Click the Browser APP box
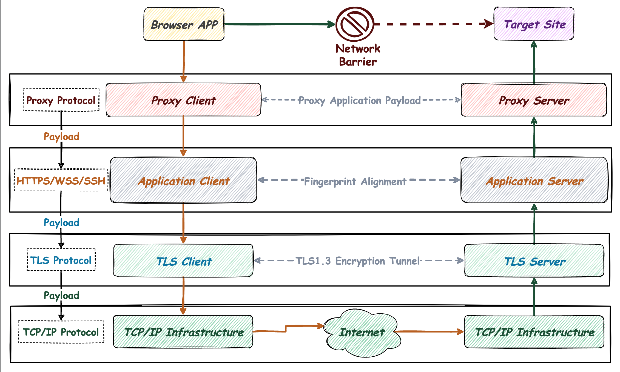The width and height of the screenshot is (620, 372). (184, 24)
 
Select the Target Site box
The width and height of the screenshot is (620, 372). (534, 24)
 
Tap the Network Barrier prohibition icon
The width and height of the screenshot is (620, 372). (355, 24)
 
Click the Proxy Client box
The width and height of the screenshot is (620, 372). (183, 100)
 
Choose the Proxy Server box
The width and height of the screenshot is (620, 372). (534, 100)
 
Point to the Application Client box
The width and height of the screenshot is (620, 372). (183, 180)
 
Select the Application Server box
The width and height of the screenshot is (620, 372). (534, 180)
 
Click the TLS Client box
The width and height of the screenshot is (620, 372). (183, 261)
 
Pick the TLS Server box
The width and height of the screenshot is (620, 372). (534, 261)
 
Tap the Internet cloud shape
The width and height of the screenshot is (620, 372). (362, 333)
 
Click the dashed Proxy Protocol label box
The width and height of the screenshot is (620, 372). (61, 100)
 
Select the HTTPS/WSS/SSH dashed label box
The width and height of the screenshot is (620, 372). (61, 180)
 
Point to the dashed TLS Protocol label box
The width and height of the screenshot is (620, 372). (61, 260)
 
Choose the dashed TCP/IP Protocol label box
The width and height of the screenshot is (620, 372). (61, 332)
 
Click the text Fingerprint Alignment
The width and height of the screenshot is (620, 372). (355, 181)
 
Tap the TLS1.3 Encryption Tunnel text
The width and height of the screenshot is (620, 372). (358, 261)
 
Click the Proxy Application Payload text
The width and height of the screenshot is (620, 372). (359, 100)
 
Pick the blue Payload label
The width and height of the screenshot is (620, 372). (61, 222)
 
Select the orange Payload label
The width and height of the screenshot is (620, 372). (61, 136)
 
